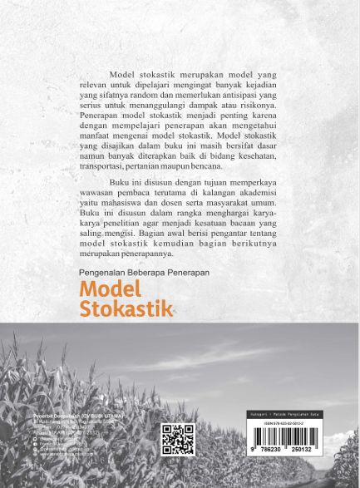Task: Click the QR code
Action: [178, 439]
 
